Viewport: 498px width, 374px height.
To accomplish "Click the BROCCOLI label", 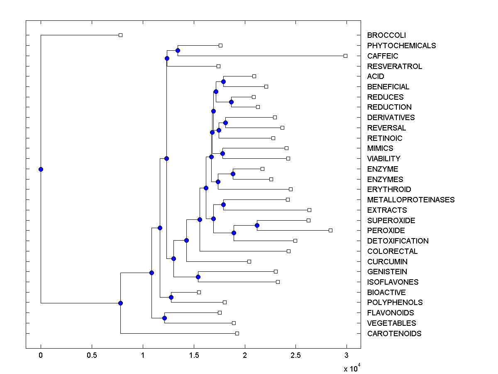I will [x=386, y=35].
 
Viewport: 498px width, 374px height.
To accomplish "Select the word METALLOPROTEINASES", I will [x=411, y=200].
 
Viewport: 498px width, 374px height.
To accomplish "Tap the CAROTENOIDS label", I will [x=394, y=334].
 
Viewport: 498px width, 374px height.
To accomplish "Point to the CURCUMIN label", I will [x=387, y=262].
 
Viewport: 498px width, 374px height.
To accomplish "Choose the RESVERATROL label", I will [x=395, y=66].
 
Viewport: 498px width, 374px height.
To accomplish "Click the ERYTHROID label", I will [x=389, y=189].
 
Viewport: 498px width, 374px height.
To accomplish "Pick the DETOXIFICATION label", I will [x=398, y=241].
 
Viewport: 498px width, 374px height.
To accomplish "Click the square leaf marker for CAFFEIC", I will [x=345, y=56].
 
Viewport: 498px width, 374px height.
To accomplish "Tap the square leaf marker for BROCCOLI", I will [x=120, y=35].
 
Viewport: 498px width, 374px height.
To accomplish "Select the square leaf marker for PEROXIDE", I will [x=330, y=230].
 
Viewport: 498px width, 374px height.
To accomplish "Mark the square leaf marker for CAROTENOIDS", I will [x=237, y=333].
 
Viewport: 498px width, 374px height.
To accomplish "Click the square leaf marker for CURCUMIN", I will [x=249, y=261].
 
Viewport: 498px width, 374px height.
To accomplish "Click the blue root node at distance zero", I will [x=41, y=169].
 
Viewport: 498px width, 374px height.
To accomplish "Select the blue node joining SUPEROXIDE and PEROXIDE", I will [x=257, y=225].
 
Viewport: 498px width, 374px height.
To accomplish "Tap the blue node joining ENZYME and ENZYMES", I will [x=233, y=174].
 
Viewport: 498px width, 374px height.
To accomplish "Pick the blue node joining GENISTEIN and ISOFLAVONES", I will [x=198, y=277].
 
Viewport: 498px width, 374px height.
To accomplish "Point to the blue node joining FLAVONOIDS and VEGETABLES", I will [x=164, y=318].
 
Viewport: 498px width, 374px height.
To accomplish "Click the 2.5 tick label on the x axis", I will [x=295, y=355].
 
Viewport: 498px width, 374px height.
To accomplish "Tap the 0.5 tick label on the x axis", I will [x=92, y=355].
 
